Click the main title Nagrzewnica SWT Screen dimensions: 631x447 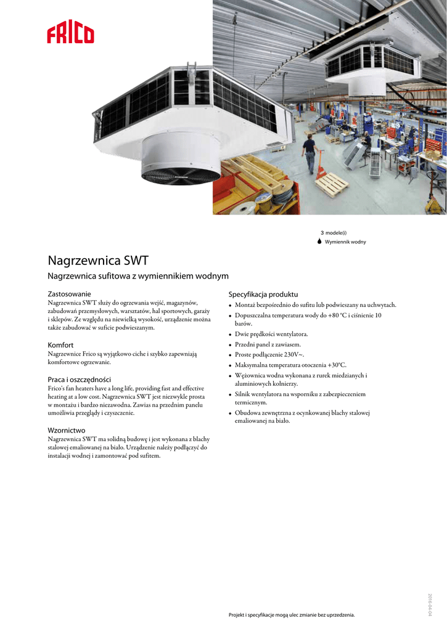(x=98, y=260)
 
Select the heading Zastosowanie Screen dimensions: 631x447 (x=70, y=294)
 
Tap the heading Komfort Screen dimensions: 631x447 (x=60, y=345)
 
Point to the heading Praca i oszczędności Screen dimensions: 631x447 (x=80, y=380)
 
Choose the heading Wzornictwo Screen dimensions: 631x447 (x=67, y=430)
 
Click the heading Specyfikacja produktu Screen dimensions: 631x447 (x=263, y=295)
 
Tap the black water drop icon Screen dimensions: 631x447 (x=319, y=242)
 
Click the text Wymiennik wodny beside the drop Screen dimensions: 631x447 (x=345, y=242)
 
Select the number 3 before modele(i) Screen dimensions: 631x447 (x=322, y=233)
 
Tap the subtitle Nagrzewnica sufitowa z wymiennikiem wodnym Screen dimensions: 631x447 (x=138, y=276)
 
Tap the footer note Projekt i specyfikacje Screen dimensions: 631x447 (x=292, y=615)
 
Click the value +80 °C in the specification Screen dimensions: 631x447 (x=335, y=315)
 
